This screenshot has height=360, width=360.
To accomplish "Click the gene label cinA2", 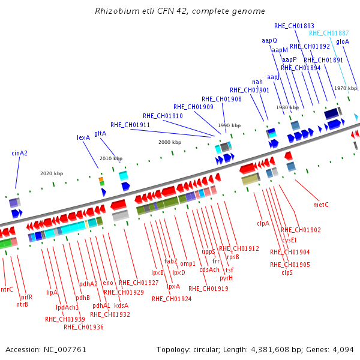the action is [x=20, y=153].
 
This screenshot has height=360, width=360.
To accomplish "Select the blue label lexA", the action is [x=83, y=137].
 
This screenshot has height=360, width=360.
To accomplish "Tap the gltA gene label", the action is [x=100, y=133].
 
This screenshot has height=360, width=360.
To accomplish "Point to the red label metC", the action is [x=321, y=205].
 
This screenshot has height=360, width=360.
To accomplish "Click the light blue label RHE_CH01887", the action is [x=329, y=33].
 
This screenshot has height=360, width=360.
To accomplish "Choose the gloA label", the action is [x=343, y=41].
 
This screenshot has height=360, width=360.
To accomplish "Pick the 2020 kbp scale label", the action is [x=52, y=173].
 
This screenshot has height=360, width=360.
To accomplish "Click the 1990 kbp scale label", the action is [x=229, y=125].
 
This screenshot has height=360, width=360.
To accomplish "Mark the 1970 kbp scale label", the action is [x=346, y=88].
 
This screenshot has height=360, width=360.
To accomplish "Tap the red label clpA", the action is [x=263, y=223].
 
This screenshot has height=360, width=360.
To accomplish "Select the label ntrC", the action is [x=7, y=289].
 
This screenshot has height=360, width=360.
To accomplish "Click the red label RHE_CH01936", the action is [x=83, y=327].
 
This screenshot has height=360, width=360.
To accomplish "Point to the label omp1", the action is [x=188, y=263].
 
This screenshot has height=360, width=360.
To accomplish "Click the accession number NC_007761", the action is [x=65, y=349].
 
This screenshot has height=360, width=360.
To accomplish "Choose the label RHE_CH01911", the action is [x=130, y=125].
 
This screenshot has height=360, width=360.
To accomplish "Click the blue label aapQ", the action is [x=269, y=41].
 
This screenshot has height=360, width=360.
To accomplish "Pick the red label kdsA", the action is [x=121, y=305].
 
